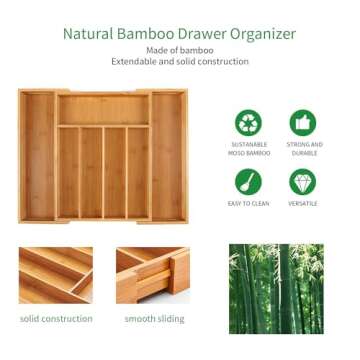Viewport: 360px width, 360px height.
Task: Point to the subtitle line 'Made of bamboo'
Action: pos(179,50)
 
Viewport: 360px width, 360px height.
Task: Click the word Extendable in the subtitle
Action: pos(138,62)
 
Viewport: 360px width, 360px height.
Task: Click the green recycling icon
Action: pos(248,123)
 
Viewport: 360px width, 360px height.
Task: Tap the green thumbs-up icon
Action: pos(303,123)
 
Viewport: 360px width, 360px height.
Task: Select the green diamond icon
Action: pos(303,181)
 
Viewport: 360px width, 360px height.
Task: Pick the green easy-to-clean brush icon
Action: pos(248,181)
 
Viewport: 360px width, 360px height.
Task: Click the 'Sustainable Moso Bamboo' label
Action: pos(248,149)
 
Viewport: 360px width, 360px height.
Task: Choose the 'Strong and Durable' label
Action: pos(303,149)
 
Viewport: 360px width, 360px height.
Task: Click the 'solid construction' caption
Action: pos(56,319)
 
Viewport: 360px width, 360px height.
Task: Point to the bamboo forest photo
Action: pos(276,288)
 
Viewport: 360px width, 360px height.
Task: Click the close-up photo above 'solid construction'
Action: pos(55,275)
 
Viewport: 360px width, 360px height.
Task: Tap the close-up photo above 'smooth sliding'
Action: pos(152,275)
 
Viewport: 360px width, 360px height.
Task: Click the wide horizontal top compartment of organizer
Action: pos(103,108)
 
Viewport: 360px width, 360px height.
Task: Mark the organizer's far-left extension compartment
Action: pos(38,155)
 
